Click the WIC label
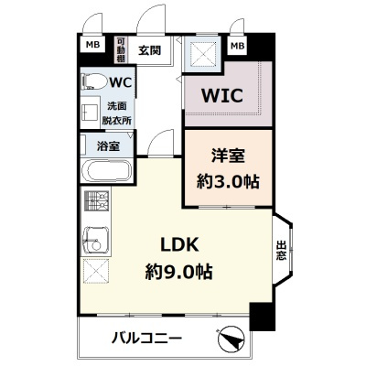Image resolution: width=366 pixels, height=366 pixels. [215, 94]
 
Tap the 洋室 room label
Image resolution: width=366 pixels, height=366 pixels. [227, 156]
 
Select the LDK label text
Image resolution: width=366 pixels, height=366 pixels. [179, 244]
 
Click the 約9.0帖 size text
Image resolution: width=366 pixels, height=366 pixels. [179, 272]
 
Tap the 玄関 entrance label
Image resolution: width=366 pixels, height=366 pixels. [149, 49]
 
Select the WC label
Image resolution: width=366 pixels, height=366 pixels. [123, 82]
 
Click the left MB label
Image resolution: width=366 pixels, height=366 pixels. [93, 45]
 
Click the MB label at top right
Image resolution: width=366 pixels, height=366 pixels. [237, 45]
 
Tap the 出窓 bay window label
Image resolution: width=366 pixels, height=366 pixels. [281, 250]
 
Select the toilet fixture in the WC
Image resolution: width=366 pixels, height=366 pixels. [92, 82]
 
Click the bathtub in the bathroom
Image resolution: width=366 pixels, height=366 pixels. [106, 171]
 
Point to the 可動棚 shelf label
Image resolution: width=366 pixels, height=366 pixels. [122, 49]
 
